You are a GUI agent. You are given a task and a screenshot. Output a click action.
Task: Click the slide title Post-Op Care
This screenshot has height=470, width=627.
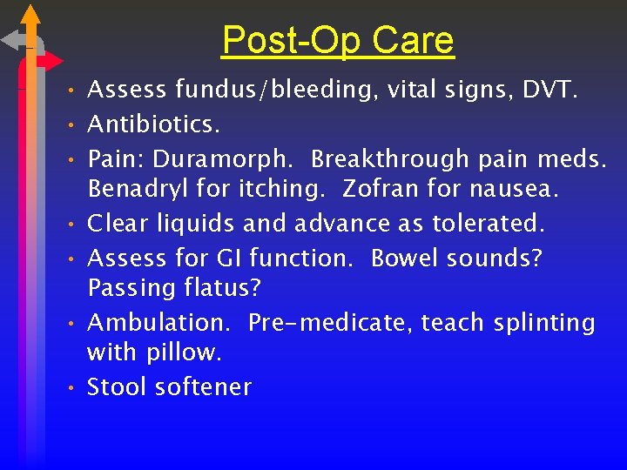click(x=337, y=40)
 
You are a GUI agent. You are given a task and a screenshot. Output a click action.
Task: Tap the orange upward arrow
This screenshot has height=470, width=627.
click(x=31, y=16)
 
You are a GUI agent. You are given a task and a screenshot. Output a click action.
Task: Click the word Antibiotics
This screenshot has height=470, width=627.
click(x=153, y=124)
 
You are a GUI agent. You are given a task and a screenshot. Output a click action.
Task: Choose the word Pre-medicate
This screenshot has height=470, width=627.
click(x=329, y=323)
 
